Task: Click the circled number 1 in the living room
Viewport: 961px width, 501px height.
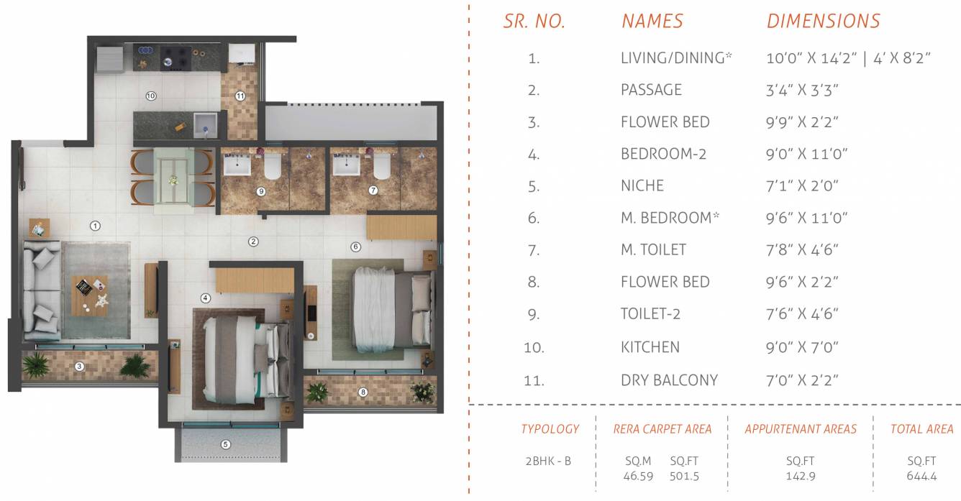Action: tap(95, 226)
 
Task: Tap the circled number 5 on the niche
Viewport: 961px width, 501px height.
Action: tap(226, 445)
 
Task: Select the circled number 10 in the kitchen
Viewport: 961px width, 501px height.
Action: tap(151, 95)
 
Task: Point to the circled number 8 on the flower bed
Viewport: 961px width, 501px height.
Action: tap(363, 392)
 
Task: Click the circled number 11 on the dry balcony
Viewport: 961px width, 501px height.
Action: tap(240, 95)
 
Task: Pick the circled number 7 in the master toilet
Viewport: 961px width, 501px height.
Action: tap(373, 191)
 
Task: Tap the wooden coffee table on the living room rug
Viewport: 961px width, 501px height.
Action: tap(90, 293)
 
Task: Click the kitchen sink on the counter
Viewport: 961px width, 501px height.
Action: tap(205, 124)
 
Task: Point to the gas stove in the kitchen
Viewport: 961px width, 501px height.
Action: tap(175, 56)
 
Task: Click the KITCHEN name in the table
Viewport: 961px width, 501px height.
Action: tap(650, 347)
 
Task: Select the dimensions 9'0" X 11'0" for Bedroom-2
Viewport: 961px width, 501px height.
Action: tap(807, 154)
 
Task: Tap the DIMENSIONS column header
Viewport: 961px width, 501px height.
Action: tap(823, 22)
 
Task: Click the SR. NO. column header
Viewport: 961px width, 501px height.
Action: tap(534, 22)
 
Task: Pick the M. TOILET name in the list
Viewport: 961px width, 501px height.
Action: tap(653, 250)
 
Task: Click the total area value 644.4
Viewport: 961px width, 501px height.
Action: tap(921, 476)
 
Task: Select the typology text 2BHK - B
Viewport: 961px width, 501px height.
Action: tap(548, 461)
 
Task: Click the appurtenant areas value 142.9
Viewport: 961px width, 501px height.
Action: tap(801, 476)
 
